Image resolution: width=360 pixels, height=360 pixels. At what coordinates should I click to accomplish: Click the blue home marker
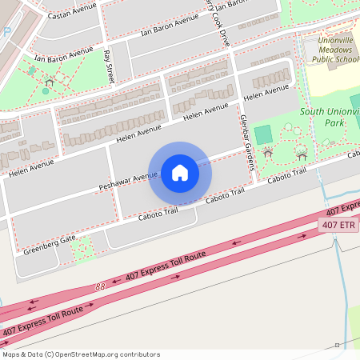180,172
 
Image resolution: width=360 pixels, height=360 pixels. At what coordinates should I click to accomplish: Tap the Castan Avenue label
72,14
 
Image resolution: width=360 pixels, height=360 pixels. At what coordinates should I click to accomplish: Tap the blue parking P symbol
6,33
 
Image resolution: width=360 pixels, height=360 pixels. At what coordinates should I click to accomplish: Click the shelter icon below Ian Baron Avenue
49,82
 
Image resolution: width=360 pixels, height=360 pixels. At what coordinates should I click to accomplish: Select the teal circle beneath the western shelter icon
46,91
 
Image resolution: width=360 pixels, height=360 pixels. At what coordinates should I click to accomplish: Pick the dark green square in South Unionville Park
263,134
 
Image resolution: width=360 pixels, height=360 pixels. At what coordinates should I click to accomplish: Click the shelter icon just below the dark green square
268,151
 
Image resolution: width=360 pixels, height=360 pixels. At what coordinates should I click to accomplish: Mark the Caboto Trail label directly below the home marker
157,214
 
